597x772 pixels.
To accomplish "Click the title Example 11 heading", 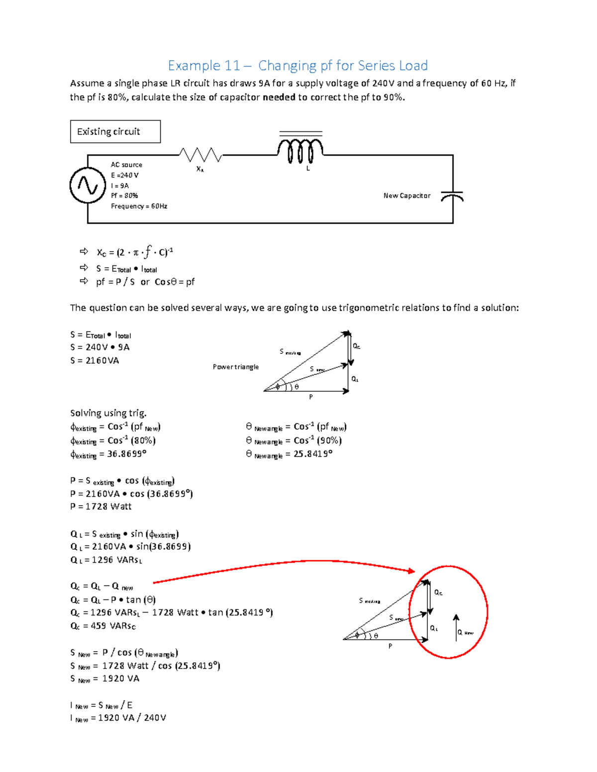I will (298, 66).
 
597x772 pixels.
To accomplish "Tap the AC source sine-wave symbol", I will (88, 185).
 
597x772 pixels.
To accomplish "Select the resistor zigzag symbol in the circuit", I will (200, 155).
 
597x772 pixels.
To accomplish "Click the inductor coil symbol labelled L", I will (300, 151).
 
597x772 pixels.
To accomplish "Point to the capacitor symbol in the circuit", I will (452, 197).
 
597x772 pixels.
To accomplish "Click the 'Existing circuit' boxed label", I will (115, 132).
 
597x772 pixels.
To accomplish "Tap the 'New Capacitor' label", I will (406, 196).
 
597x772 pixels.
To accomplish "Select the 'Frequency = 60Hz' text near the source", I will (139, 206).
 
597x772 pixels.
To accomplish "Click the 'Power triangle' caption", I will (235, 367).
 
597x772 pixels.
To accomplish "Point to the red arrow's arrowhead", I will (411, 571).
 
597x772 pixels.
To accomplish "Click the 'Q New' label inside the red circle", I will (465, 632).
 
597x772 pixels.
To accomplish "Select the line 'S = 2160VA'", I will (95, 360).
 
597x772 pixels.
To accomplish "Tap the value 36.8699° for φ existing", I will (127, 454).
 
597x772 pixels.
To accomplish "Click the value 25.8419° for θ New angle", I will (313, 454).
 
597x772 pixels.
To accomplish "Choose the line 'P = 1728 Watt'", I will (101, 507).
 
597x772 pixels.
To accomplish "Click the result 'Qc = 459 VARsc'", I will (103, 626).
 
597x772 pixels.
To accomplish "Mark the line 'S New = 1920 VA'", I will (104, 679).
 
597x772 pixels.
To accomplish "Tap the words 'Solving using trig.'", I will (108, 413).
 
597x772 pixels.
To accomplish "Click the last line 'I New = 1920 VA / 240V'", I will (118, 718).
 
